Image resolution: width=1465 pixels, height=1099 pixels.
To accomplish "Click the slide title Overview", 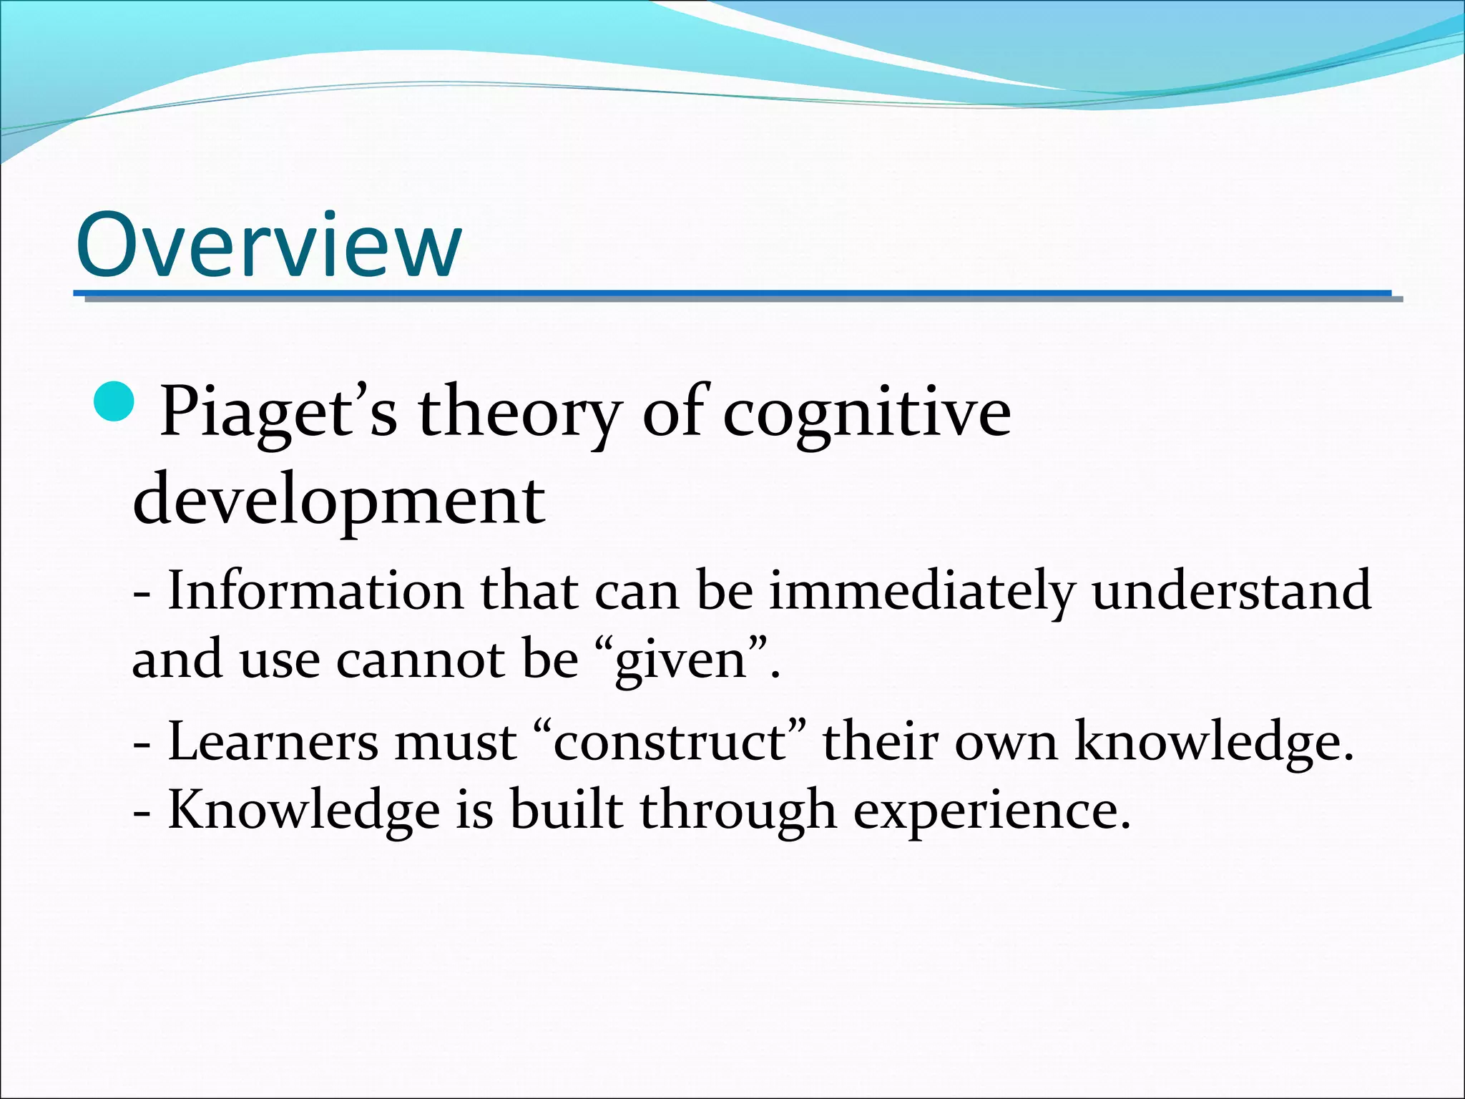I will point(268,245).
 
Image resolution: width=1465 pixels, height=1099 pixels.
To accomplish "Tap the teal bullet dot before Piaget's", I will point(114,403).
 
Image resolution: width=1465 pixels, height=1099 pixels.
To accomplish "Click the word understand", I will point(1231,591).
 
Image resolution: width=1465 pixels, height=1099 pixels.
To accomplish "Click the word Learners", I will point(273,742).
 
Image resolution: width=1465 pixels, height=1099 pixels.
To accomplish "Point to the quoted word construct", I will point(670,742).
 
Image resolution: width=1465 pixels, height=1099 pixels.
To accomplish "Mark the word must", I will point(456,742).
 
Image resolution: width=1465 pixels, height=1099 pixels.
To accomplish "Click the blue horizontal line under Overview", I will point(732,294).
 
